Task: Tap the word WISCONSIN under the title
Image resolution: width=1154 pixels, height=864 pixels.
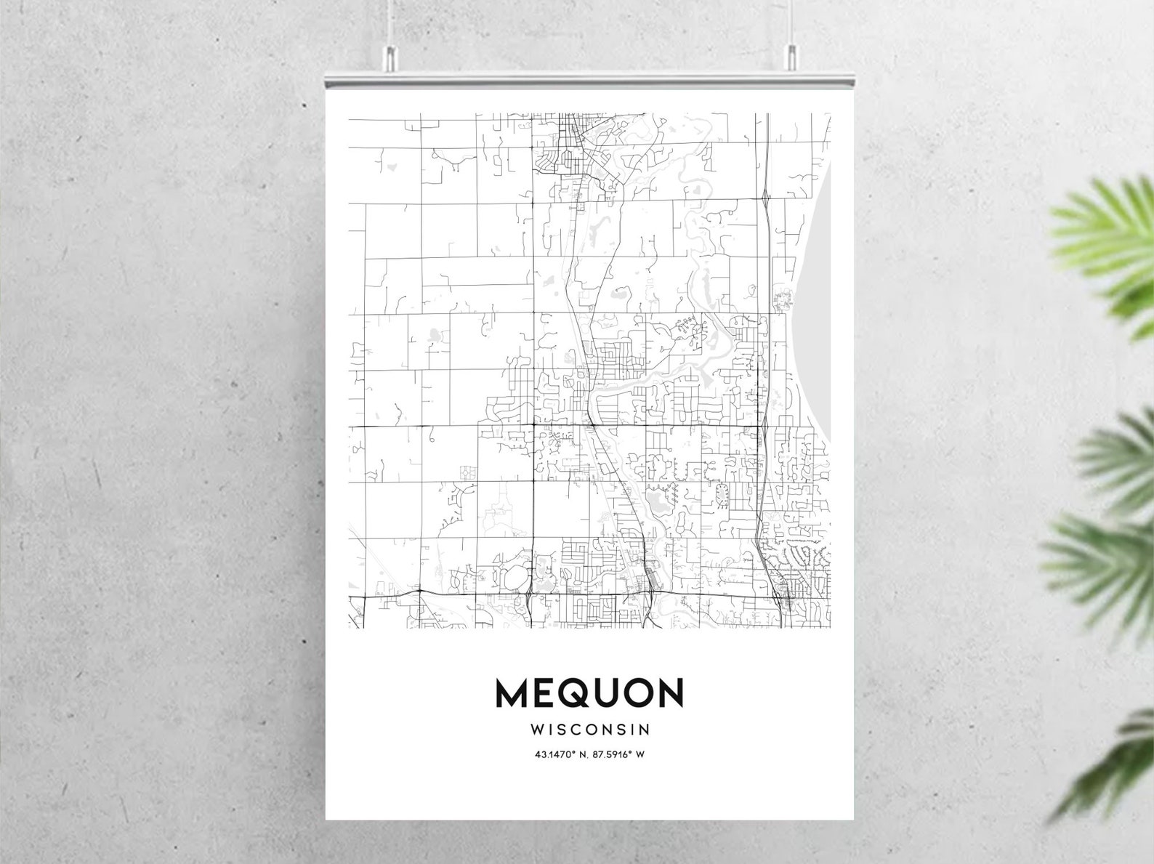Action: click(589, 729)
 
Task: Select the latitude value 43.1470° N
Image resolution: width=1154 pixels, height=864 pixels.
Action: click(559, 754)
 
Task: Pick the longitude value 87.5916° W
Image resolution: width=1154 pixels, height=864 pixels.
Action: click(620, 754)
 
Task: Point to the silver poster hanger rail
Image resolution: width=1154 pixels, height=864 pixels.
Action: click(589, 78)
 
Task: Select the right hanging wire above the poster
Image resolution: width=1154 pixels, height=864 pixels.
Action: click(791, 22)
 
